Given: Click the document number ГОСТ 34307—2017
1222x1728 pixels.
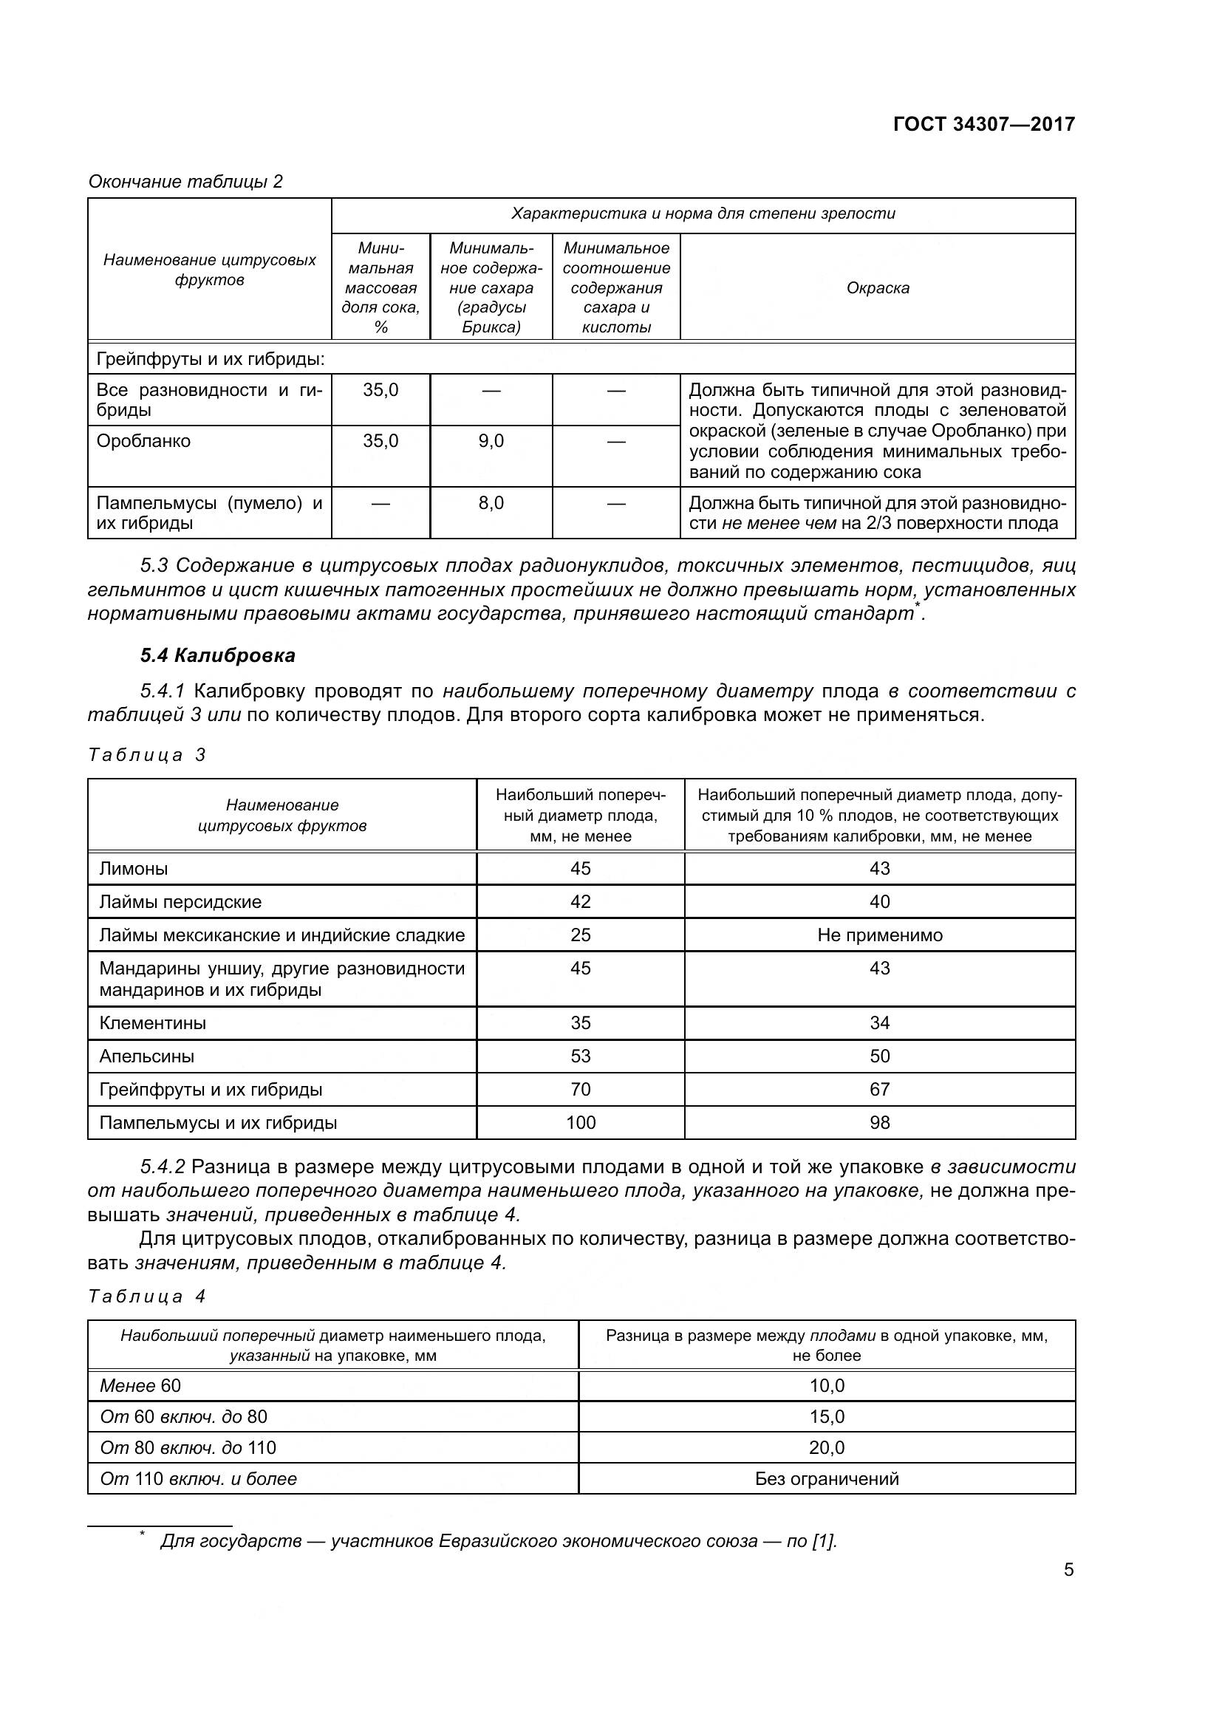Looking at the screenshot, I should pyautogui.click(x=983, y=124).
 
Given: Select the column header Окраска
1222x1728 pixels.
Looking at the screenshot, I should pyautogui.click(x=878, y=287).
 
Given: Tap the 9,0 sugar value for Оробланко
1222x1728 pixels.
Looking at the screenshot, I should pyautogui.click(x=491, y=441).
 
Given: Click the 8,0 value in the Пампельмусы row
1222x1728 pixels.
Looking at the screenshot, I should pyautogui.click(x=491, y=503).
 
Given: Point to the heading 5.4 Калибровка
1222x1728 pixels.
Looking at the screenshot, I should pyautogui.click(x=217, y=655).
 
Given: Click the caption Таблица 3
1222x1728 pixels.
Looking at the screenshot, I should pyautogui.click(x=147, y=755).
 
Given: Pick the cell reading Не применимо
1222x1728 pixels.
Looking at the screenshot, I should pyautogui.click(x=879, y=935).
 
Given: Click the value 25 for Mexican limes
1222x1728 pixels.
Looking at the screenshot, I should pyautogui.click(x=580, y=935).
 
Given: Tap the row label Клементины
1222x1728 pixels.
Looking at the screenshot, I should pyautogui.click(x=153, y=1022).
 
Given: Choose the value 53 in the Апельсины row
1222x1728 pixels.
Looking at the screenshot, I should pyautogui.click(x=580, y=1056).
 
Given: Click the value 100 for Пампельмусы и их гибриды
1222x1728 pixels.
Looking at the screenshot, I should pyautogui.click(x=580, y=1122).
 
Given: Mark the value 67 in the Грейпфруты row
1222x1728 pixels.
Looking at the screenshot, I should pyautogui.click(x=879, y=1089).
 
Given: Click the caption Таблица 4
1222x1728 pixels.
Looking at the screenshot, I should pyautogui.click(x=147, y=1296).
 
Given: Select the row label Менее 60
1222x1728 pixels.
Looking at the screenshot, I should pyautogui.click(x=140, y=1385).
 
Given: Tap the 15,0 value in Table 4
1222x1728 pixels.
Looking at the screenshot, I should pyautogui.click(x=826, y=1416).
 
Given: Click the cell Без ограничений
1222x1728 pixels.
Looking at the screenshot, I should pyautogui.click(x=826, y=1478).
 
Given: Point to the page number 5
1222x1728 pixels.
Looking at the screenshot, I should pyautogui.click(x=1068, y=1570).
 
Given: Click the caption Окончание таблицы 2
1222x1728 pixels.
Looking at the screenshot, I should pyautogui.click(x=186, y=182).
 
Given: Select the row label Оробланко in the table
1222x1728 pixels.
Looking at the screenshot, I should pyautogui.click(x=144, y=441).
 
